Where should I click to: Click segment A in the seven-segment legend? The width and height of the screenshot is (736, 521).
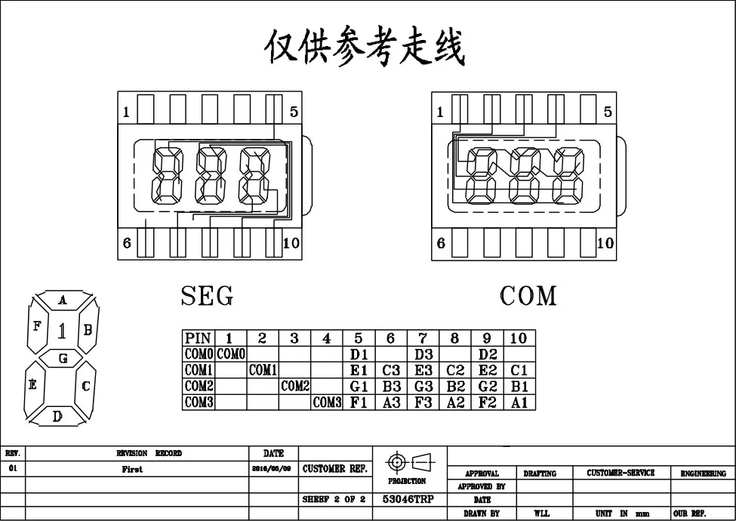63,301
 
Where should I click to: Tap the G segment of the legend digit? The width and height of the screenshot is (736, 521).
63,359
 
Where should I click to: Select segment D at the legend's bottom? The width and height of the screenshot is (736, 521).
58,416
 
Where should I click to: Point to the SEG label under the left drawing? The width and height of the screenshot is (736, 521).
207,297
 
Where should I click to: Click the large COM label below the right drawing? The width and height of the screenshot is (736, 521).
528,297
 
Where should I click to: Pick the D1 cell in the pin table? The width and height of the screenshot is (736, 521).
359,354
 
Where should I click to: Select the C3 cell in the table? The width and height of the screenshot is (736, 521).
390,370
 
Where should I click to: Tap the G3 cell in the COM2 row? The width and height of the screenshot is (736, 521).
423,386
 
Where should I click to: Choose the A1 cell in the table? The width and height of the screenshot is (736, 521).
519,402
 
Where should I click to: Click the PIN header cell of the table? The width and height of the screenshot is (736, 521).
199,338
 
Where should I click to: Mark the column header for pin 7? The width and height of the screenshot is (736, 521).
423,338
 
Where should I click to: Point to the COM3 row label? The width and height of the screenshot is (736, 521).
199,402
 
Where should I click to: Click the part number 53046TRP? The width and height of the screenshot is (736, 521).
408,499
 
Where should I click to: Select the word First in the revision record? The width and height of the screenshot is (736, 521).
132,469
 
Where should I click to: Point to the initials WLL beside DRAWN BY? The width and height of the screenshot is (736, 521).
541,513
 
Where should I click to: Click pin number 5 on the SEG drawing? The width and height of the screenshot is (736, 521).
294,113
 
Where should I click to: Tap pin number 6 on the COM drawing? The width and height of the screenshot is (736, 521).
441,243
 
